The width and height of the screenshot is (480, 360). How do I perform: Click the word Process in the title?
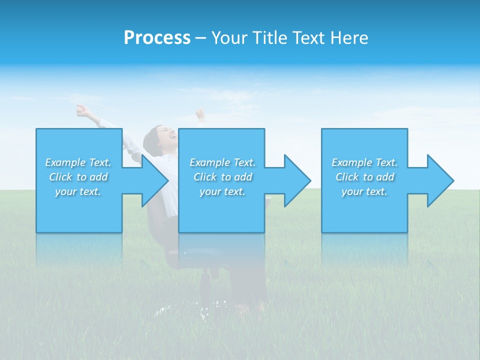(157, 38)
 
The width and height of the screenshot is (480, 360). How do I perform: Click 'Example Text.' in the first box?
(78, 162)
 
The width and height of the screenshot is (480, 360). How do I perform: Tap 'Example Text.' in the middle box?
(222, 162)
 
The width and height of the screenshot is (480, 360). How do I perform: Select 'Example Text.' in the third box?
(364, 162)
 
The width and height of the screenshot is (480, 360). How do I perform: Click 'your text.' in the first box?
(78, 191)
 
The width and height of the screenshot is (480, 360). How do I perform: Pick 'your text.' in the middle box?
(222, 191)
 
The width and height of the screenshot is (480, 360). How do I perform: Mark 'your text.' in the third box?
(364, 191)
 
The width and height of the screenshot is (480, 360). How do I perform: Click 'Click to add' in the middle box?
(222, 177)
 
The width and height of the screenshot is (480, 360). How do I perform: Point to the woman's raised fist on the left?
(81, 109)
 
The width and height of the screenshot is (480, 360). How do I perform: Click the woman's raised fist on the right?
(200, 114)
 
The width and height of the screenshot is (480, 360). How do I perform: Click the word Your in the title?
(228, 38)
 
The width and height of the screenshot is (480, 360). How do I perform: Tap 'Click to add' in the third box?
(364, 177)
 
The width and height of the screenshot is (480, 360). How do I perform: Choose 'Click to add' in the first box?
(78, 177)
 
